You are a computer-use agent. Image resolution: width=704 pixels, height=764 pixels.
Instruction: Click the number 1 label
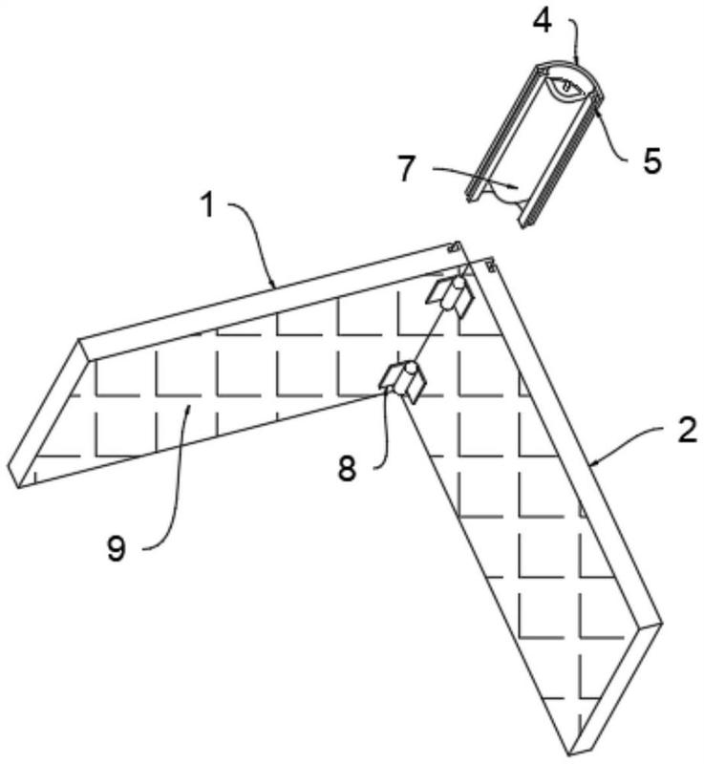(x=208, y=206)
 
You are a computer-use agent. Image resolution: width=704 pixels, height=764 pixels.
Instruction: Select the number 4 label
(x=542, y=21)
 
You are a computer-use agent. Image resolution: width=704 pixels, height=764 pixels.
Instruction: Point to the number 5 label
(x=651, y=161)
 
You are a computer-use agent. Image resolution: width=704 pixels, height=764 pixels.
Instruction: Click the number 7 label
(x=407, y=170)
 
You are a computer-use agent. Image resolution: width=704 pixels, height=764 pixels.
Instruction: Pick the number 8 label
(x=347, y=469)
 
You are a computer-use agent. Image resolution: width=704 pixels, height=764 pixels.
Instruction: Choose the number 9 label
(x=116, y=549)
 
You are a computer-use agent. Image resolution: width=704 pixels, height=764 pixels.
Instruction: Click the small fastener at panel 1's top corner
(x=454, y=247)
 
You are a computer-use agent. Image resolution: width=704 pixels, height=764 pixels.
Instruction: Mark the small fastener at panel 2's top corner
(x=490, y=265)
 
